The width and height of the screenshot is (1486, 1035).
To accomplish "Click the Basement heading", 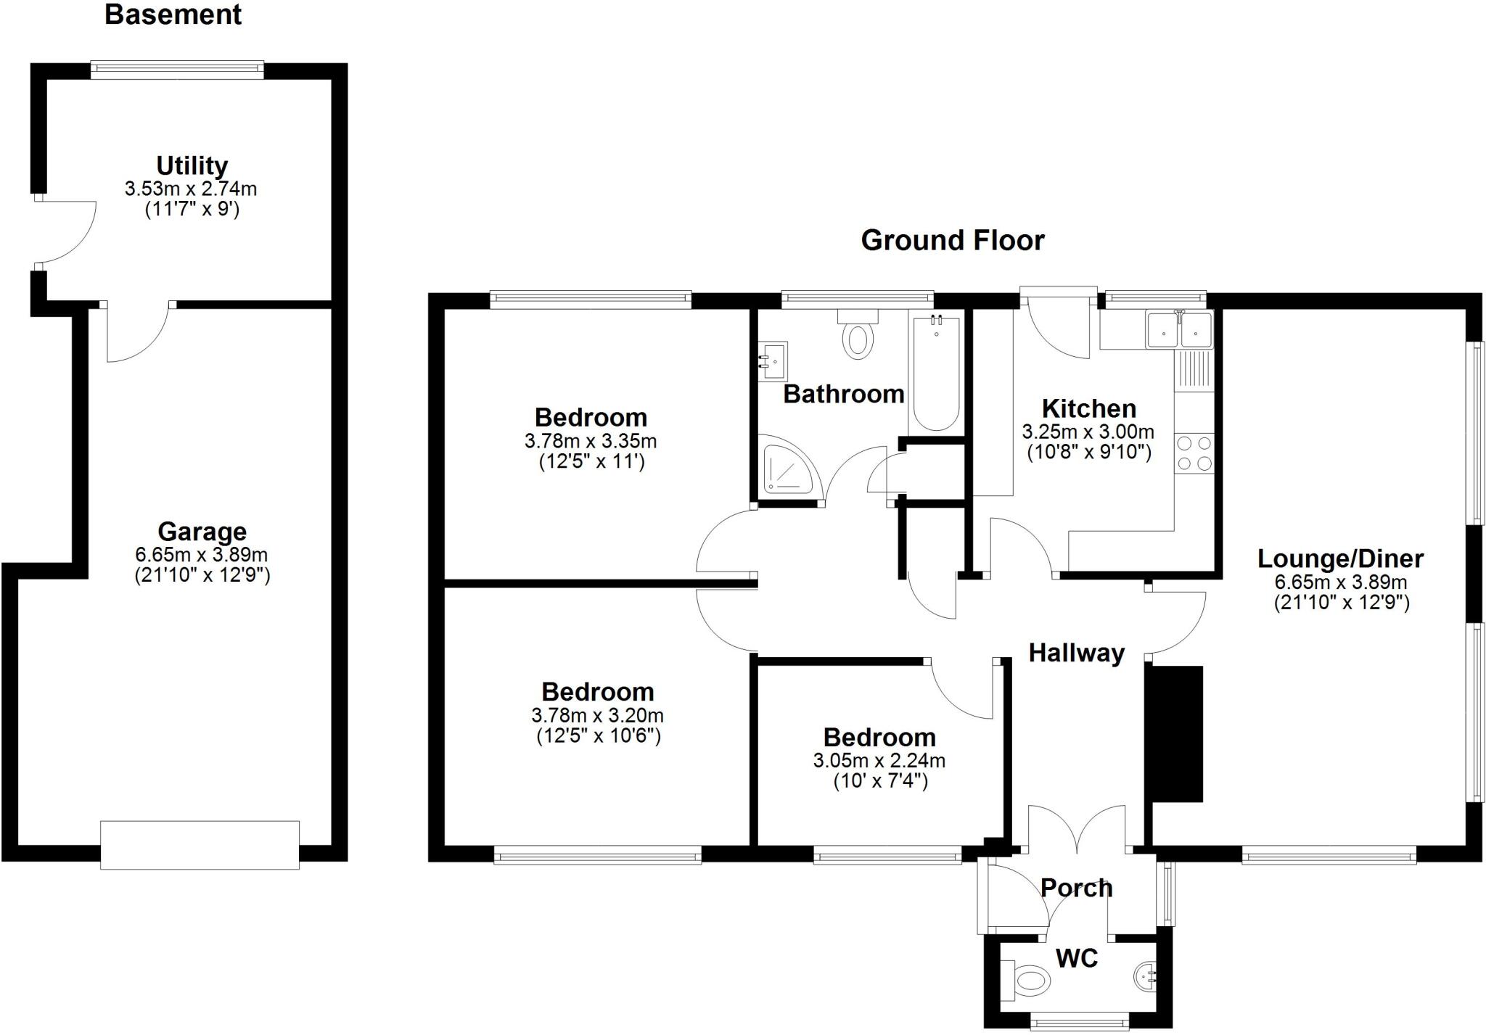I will (x=173, y=15).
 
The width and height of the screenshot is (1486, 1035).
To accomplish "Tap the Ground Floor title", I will (x=952, y=240).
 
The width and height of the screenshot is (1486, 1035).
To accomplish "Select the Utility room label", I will (x=192, y=165).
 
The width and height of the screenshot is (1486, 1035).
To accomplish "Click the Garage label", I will (x=202, y=532).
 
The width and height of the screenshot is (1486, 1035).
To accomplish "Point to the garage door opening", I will (x=200, y=845).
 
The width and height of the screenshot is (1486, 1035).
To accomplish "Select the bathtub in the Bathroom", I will (x=936, y=373).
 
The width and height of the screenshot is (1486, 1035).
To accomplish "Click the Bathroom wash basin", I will (x=773, y=361).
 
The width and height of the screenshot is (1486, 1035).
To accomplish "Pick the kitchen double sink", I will (x=1179, y=330).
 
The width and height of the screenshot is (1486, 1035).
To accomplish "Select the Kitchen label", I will (x=1088, y=408).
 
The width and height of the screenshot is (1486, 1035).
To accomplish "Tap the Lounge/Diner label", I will (x=1340, y=558).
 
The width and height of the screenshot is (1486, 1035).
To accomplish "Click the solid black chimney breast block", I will (x=1174, y=733).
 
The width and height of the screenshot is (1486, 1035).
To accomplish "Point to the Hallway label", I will (x=1076, y=653).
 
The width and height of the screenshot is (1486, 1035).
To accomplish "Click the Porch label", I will (x=1076, y=888).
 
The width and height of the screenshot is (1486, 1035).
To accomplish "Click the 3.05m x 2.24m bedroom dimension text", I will (x=879, y=761).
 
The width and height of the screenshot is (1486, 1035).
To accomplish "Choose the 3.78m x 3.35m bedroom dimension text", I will (x=591, y=441).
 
